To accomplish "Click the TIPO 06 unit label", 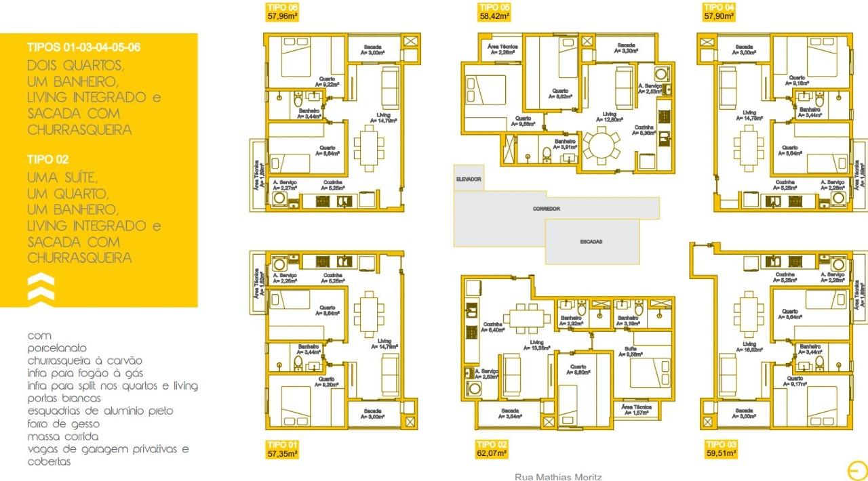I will [281, 7].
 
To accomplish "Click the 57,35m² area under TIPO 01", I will [283, 453].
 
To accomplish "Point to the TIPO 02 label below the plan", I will [492, 444].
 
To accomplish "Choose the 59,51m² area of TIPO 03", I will [721, 453].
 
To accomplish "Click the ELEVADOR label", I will [469, 179].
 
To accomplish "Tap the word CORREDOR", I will [547, 209].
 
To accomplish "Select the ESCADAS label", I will [591, 241].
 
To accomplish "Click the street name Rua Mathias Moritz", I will [558, 477].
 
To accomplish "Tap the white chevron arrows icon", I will [40, 287].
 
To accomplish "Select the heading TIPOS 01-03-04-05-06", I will [84, 47].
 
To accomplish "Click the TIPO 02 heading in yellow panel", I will [48, 160].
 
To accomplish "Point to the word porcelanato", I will [58, 348].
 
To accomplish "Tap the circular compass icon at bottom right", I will [856, 469].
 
